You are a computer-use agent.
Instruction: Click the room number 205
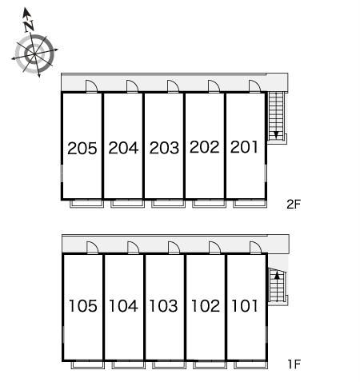pos(82,148)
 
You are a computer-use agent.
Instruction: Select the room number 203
pos(164,148)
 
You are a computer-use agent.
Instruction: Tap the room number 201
pos(244,147)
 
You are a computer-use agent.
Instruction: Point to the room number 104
pos(123,305)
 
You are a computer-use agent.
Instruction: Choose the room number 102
pos(206,305)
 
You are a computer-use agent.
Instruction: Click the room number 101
pos(245,305)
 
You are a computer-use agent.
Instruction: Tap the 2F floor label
pos(294,205)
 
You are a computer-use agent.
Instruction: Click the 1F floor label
pos(294,364)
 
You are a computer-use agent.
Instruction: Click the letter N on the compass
pos(29,26)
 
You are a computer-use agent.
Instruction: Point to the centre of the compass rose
pos(34,54)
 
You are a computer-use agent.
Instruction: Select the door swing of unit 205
pos(91,86)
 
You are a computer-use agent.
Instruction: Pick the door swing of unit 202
pos(214,86)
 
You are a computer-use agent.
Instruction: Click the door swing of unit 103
pos(174,248)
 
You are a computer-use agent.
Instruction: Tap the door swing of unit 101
pos(255,248)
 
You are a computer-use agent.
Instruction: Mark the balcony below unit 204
pos(127,204)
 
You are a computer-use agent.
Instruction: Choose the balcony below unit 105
pos(88,364)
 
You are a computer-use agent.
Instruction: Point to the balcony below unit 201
pos(250,204)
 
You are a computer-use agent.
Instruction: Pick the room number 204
pos(123,148)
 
